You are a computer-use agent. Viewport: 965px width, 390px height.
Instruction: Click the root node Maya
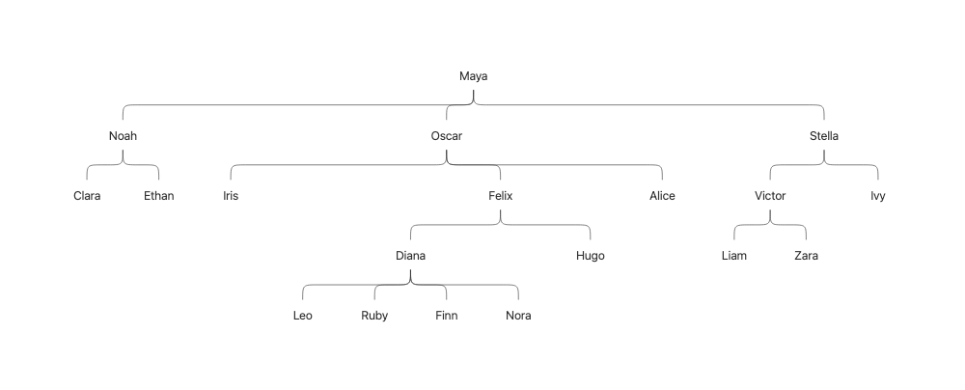474,76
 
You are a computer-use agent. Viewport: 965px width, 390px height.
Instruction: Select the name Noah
123,136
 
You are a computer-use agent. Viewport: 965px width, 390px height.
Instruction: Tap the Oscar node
446,136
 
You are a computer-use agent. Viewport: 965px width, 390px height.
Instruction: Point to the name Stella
824,136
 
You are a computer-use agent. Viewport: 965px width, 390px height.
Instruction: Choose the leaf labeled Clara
87,196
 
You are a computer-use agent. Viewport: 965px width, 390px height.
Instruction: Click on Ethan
158,196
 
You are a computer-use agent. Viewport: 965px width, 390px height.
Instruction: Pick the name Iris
231,196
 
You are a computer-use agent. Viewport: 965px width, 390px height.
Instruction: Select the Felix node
500,196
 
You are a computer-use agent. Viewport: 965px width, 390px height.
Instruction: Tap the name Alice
662,196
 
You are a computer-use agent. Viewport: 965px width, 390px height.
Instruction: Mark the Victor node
770,196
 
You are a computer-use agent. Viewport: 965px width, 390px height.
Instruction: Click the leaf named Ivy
877,196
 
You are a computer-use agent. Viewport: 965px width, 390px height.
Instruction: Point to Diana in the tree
410,256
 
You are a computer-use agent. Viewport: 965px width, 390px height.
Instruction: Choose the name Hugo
590,256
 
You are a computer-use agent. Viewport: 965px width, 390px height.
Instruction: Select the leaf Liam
734,256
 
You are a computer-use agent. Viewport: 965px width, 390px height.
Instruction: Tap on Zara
806,256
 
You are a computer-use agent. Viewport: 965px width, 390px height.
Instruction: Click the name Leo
303,316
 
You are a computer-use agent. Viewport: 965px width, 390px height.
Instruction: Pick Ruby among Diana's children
374,316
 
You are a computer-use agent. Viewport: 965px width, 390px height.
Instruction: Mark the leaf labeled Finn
446,316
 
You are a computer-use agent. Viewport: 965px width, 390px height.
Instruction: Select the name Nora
518,316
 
